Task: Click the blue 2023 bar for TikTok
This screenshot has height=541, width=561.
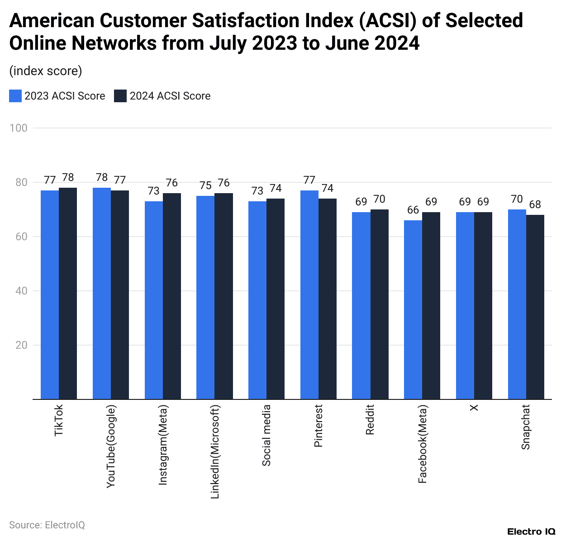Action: click(50, 294)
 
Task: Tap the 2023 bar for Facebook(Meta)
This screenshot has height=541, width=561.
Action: click(413, 309)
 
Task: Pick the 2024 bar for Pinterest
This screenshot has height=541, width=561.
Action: click(328, 299)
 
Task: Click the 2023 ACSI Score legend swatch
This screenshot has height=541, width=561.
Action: click(15, 96)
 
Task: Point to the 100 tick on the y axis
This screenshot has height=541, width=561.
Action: click(19, 128)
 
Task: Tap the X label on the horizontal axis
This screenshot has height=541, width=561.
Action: click(474, 408)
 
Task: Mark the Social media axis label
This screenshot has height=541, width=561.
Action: click(266, 435)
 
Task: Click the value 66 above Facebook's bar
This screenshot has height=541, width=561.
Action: click(413, 210)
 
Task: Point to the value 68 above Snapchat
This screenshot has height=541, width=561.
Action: click(535, 204)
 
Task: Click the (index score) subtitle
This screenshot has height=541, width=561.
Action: click(46, 71)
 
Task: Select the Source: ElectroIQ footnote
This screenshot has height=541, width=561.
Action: click(47, 525)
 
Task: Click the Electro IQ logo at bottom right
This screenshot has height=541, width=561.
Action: click(531, 532)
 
